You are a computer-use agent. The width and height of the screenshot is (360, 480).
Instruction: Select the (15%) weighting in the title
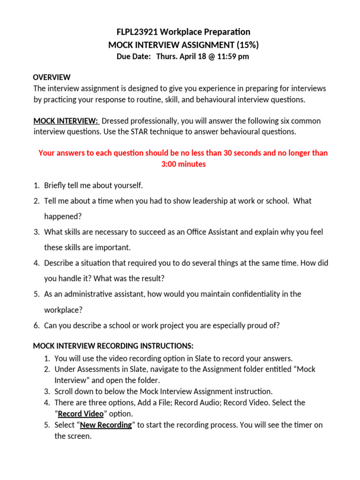[246, 45]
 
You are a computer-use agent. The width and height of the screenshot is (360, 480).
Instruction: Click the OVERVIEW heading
[52, 77]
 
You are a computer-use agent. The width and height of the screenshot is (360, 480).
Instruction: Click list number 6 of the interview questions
[36, 325]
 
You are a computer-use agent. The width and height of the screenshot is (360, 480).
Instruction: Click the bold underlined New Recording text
[105, 425]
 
